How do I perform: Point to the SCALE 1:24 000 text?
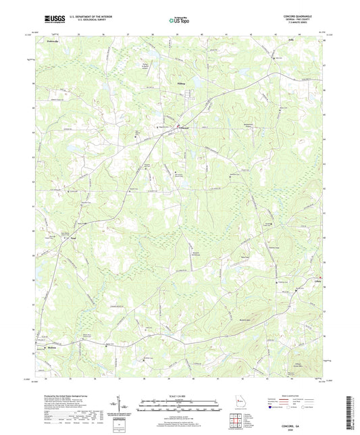(179, 395)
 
